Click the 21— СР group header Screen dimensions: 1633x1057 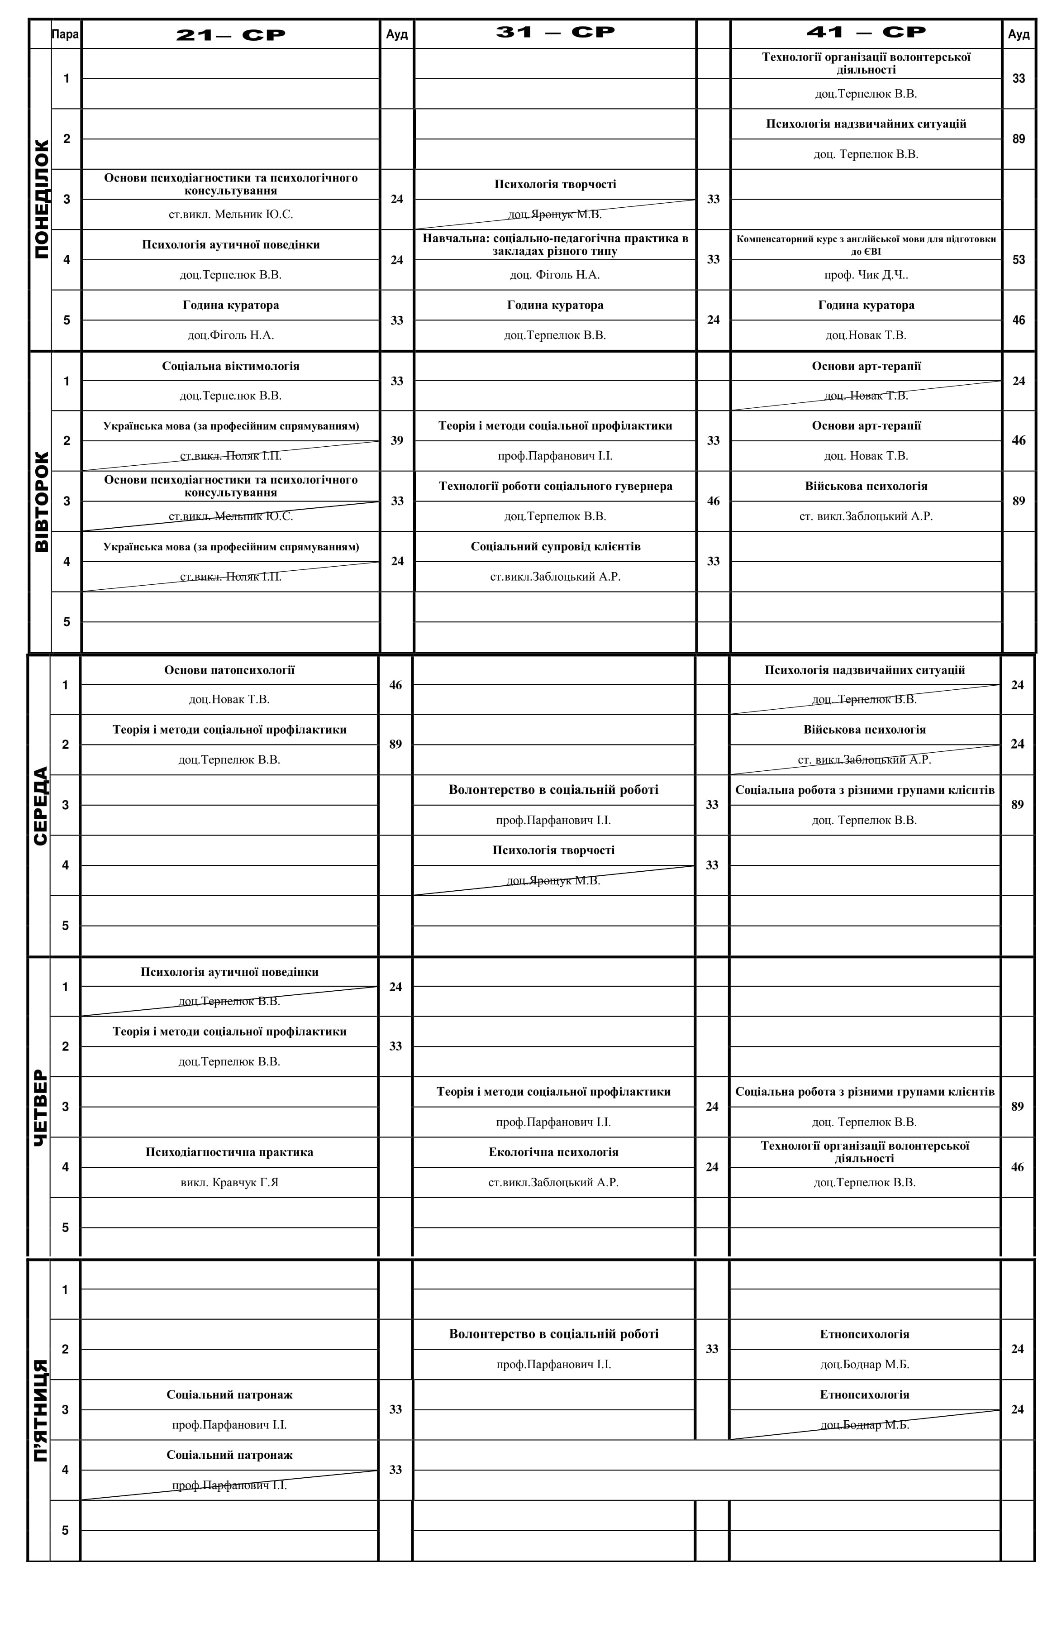(230, 35)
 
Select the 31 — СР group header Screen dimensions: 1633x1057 (555, 32)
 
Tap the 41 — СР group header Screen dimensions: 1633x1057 (866, 32)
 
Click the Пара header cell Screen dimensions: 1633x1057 (65, 34)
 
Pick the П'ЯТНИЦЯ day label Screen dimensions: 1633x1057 (40, 1410)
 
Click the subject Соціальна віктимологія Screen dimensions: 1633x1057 (230, 366)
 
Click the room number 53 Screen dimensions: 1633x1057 (1018, 259)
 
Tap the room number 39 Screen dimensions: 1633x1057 (396, 440)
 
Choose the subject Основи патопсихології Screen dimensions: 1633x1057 (229, 670)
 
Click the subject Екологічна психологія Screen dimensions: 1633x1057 (553, 1152)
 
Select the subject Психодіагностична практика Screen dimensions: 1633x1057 (229, 1152)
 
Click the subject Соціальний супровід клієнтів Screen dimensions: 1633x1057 (555, 547)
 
